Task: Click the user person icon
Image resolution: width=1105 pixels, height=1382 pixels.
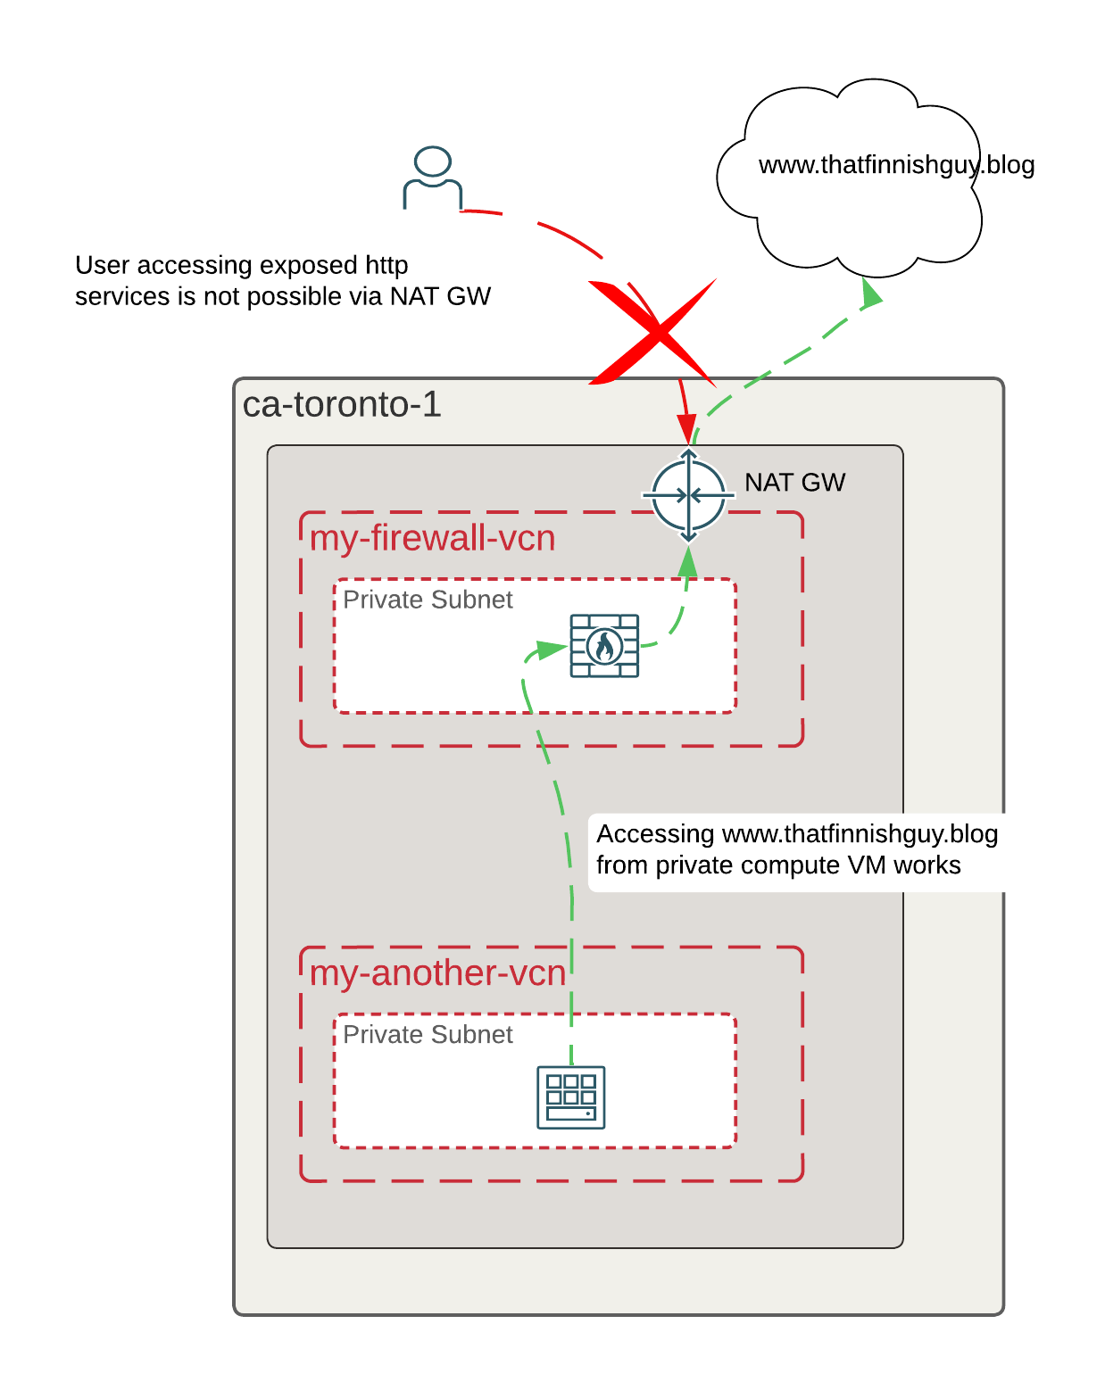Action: pos(432,178)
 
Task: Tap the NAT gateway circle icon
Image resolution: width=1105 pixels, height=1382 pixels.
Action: pos(688,495)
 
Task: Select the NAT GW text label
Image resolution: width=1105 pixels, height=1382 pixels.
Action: pos(794,483)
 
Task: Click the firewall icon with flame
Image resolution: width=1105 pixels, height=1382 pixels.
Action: pos(604,645)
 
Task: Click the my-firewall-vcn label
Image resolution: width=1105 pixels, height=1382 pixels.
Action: pos(432,537)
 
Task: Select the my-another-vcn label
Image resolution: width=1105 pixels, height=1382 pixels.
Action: pos(437,972)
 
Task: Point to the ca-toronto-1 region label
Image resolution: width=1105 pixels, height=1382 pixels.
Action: pos(342,404)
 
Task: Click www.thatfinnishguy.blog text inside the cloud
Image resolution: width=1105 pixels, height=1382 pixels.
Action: pos(896,165)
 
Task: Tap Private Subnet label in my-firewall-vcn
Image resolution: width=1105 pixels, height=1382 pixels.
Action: pos(428,600)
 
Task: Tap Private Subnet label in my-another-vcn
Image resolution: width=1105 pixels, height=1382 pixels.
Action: pos(428,1034)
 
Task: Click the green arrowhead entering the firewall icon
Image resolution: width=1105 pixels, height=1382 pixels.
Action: pos(552,650)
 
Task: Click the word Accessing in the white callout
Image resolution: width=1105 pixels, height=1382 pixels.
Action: pos(654,833)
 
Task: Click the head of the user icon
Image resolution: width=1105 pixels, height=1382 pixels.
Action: pos(432,161)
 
